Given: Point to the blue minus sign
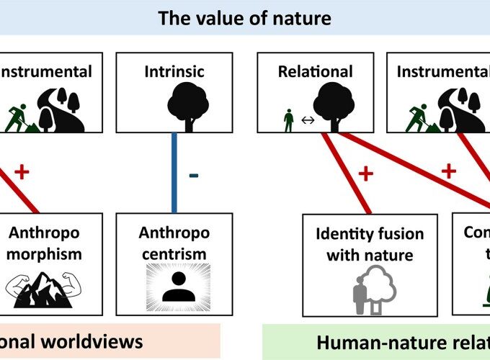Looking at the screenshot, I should (193, 177).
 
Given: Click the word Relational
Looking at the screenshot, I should (315, 71).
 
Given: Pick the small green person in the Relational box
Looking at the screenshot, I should (288, 120).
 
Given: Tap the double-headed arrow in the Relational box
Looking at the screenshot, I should (308, 121).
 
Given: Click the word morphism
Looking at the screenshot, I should (45, 253).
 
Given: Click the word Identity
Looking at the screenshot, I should (344, 234).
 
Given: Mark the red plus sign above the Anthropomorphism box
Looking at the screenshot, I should (22, 171).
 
